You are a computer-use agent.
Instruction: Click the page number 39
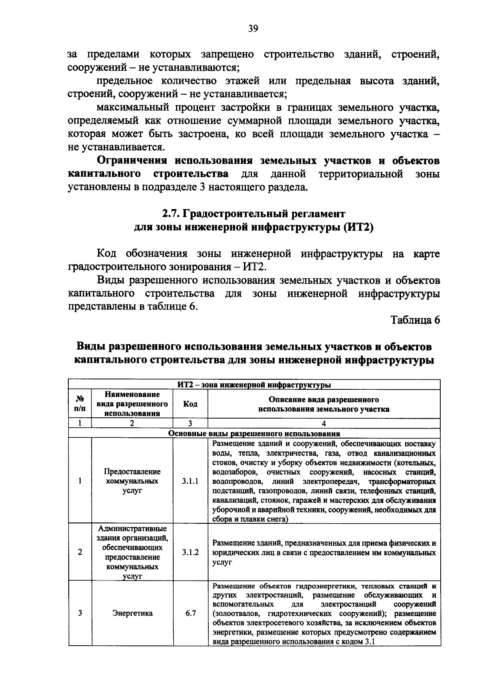click(x=253, y=28)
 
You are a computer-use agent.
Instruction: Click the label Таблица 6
click(x=415, y=320)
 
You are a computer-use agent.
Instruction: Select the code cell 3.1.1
click(x=190, y=481)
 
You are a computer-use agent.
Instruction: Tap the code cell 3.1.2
click(x=190, y=552)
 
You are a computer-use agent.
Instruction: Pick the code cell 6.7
click(x=190, y=613)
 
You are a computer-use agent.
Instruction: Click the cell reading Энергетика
click(x=132, y=613)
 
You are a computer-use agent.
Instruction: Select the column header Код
click(x=190, y=404)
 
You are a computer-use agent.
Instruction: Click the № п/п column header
click(x=80, y=404)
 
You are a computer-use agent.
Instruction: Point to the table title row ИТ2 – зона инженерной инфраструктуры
click(x=254, y=385)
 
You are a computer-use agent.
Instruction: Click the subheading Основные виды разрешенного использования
click(x=254, y=433)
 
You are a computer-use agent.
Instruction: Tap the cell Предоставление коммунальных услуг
click(x=132, y=481)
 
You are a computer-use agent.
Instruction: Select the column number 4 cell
click(x=324, y=424)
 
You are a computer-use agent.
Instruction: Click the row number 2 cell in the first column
click(x=80, y=552)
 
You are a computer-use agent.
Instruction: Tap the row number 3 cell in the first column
click(x=80, y=613)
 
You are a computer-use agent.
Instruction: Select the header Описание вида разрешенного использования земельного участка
click(x=324, y=404)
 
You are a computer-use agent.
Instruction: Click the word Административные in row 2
click(x=132, y=528)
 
